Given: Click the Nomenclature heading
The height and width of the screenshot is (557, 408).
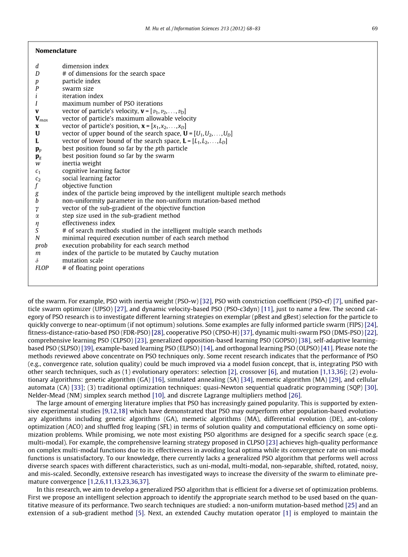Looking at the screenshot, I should (x=56, y=51).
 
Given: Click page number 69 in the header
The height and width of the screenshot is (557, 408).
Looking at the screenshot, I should (x=375, y=28).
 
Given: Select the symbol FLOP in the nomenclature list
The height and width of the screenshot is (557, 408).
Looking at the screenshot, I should (x=42, y=268).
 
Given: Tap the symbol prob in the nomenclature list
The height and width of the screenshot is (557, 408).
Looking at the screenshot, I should (x=41, y=245).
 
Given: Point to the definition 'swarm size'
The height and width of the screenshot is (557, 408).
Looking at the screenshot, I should (x=78, y=89).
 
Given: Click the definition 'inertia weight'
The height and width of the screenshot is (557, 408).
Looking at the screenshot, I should (x=82, y=163).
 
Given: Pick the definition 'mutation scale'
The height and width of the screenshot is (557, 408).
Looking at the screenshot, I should (x=82, y=260).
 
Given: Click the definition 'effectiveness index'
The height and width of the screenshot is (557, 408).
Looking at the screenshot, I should (x=89, y=223).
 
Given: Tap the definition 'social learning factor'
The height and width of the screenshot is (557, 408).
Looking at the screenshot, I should (x=91, y=178).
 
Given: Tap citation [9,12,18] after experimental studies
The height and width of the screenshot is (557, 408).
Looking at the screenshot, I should (x=115, y=411).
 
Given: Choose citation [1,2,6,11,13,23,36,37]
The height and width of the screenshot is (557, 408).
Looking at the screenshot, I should (x=119, y=481).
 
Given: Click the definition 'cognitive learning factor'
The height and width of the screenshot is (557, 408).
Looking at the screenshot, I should (x=96, y=171).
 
